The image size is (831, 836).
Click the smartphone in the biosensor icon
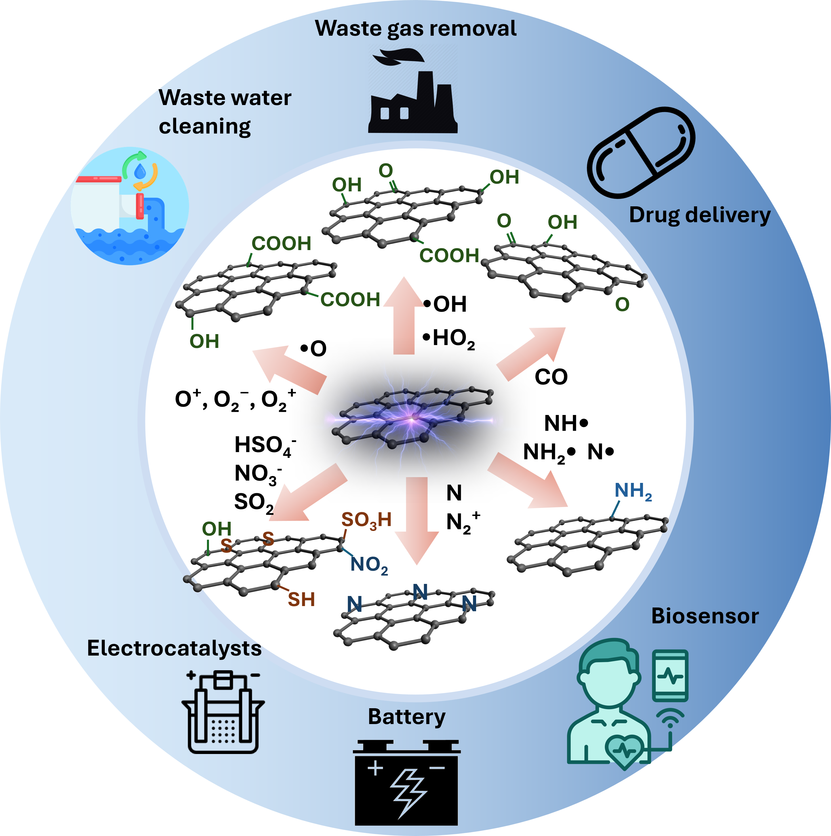point(670,675)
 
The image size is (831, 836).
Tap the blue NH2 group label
point(633,491)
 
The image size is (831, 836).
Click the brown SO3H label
point(366,520)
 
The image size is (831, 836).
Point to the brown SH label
point(301,599)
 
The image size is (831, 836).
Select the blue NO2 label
point(369,565)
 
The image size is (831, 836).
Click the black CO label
point(551,377)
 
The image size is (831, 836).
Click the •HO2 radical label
point(449,339)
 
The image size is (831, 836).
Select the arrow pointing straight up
point(404,316)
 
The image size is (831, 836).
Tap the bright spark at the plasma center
point(412,418)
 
